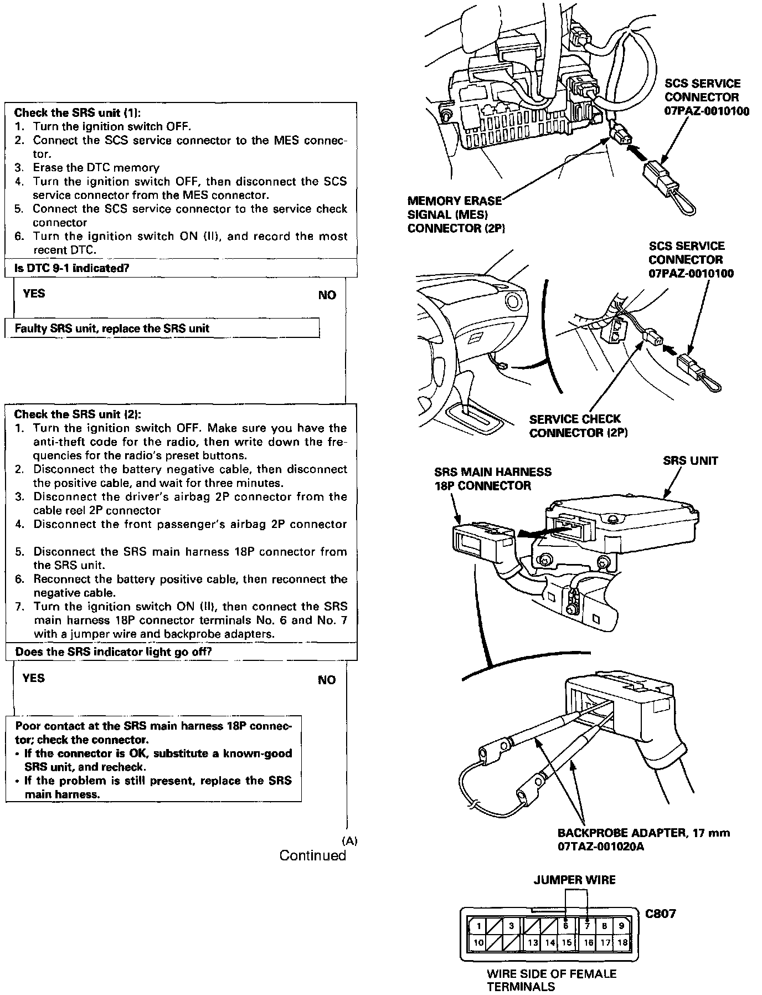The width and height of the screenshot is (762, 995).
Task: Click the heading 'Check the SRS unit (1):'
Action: (77, 113)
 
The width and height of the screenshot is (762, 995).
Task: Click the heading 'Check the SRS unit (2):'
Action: (78, 414)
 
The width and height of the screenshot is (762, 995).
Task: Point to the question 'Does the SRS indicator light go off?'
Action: (114, 652)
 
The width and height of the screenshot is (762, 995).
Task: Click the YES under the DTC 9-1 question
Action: (34, 293)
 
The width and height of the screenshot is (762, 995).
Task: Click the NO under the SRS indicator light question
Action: (327, 680)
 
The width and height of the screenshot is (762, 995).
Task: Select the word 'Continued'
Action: (312, 855)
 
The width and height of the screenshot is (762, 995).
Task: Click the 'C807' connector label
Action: (661, 914)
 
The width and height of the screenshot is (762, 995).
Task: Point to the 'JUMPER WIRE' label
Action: (574, 880)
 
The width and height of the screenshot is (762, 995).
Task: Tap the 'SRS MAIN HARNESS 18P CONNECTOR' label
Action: (492, 479)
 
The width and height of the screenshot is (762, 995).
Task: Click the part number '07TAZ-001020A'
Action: (601, 847)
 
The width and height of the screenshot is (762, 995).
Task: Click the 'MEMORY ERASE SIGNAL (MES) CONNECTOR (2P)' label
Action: (455, 214)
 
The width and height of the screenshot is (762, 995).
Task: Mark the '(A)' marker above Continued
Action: (350, 840)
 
